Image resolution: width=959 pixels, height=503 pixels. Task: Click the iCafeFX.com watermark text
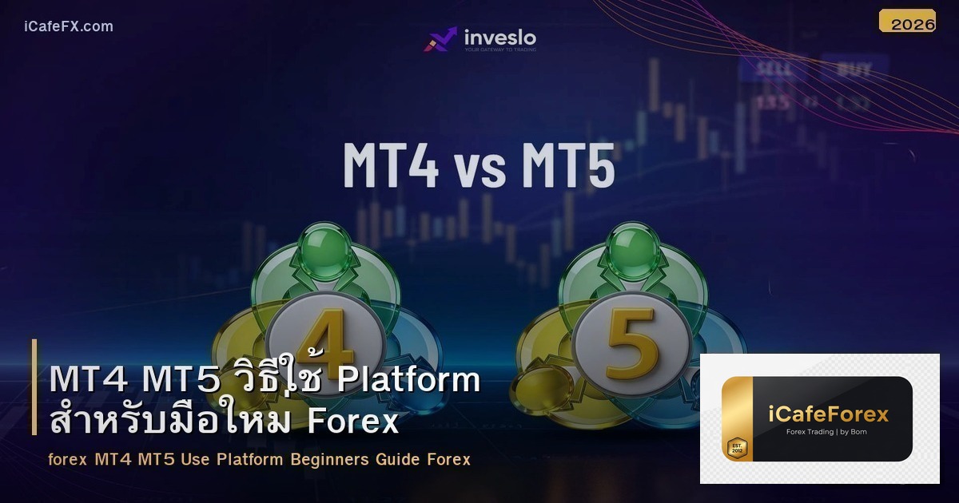69,26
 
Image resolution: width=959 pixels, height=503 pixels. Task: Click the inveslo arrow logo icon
440,39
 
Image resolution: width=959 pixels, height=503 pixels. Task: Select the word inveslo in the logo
500,37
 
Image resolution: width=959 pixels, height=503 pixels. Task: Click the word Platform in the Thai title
408,380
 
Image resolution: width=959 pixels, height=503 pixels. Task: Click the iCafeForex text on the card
829,414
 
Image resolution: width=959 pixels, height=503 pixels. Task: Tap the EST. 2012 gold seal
735,448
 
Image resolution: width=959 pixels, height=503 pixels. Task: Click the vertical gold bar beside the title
34,387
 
